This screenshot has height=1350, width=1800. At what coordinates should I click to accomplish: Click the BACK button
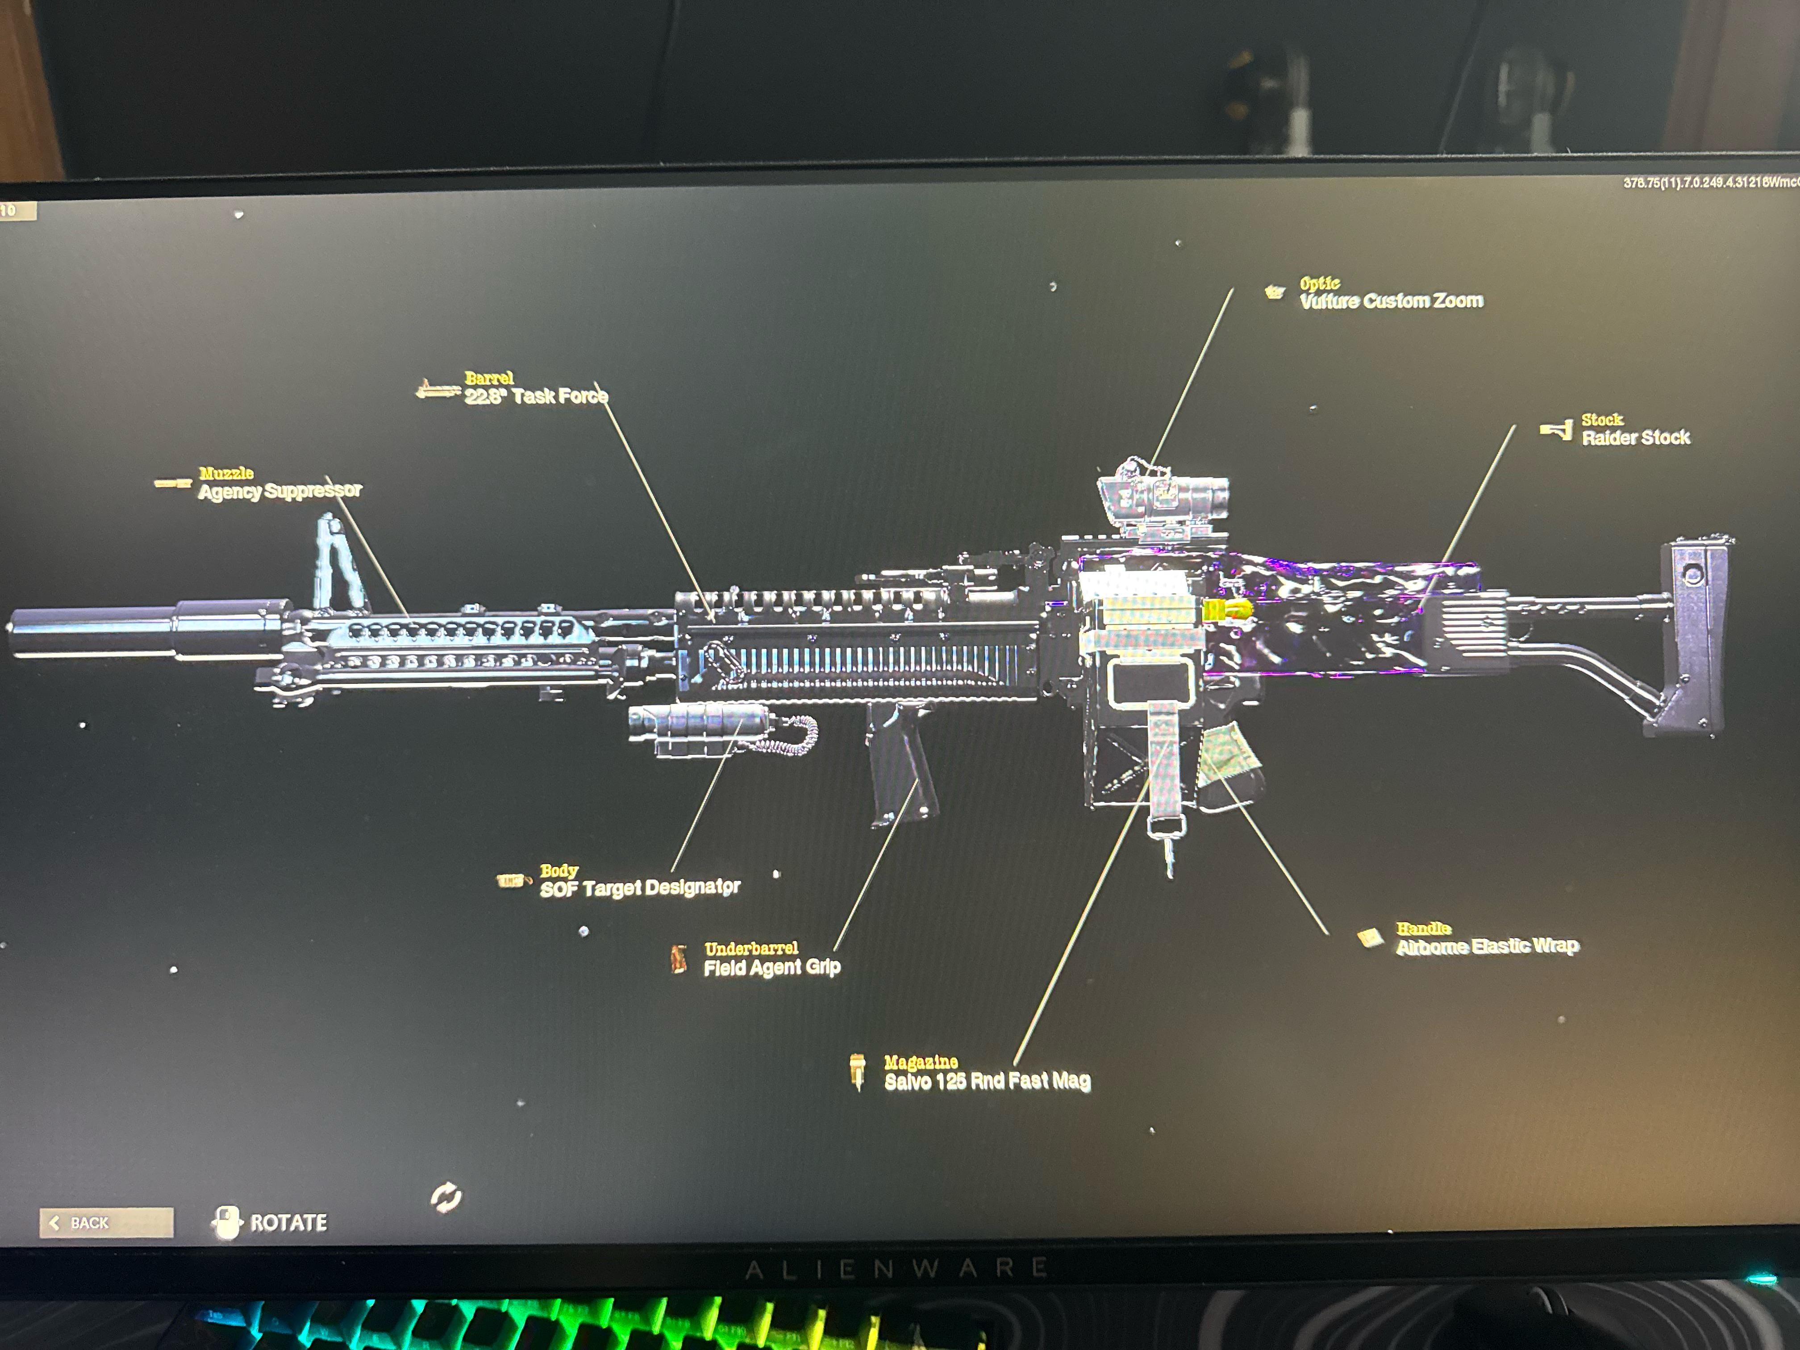[x=106, y=1222]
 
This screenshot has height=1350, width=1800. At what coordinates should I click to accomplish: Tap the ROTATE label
[x=288, y=1222]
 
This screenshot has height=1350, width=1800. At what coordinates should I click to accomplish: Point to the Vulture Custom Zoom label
[x=1391, y=301]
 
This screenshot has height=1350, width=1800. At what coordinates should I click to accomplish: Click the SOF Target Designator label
[x=640, y=888]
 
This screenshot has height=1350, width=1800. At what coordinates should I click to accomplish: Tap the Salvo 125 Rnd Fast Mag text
[x=987, y=1081]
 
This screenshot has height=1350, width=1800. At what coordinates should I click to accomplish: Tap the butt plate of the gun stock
[x=1697, y=635]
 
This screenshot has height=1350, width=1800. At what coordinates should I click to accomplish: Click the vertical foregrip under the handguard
[x=899, y=765]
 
